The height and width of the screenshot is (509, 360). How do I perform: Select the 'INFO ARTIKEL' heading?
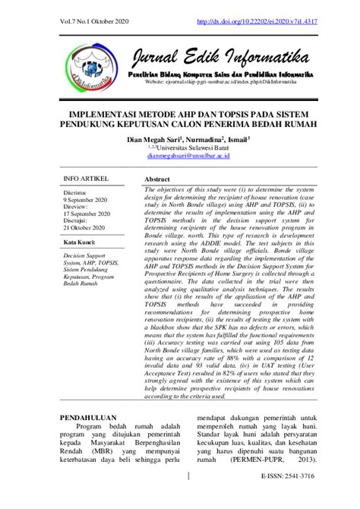click(86, 179)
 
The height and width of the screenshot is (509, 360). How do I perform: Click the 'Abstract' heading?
click(157, 179)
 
